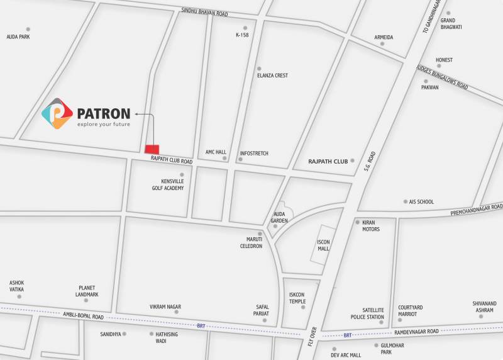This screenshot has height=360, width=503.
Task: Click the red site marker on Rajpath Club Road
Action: point(152,149)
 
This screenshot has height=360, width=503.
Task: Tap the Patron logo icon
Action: point(57,114)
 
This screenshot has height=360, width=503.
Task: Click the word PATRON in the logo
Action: point(103,114)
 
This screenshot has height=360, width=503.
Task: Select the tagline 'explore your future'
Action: point(103,125)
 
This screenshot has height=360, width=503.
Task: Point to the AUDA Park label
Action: point(18,37)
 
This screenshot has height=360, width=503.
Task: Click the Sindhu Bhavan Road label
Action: point(204,13)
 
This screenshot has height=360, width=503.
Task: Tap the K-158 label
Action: point(242,35)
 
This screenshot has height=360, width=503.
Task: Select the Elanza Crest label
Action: point(272,76)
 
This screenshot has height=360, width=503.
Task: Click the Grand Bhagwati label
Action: point(451,24)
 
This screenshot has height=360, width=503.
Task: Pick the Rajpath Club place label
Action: point(328,162)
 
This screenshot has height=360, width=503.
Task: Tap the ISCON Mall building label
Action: point(323,245)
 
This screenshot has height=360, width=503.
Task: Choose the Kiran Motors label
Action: point(370,226)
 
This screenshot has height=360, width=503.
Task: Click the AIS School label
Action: point(421,202)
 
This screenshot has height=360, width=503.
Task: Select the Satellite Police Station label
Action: point(367,313)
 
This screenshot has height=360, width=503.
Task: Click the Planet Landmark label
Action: point(87,291)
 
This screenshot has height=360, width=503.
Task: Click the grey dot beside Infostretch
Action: point(240,160)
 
